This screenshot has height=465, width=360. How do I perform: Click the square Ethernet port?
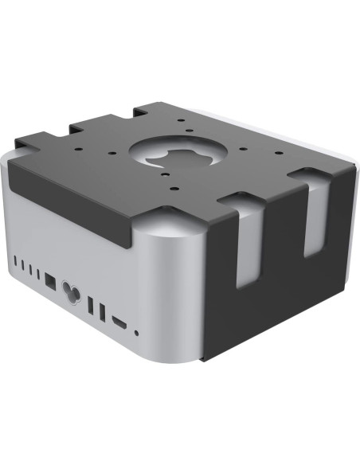point(50,280)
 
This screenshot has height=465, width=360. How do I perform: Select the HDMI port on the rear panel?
point(119,322)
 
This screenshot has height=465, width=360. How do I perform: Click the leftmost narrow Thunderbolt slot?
point(16,260)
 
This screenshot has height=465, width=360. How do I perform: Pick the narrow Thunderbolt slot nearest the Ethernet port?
point(38,272)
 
